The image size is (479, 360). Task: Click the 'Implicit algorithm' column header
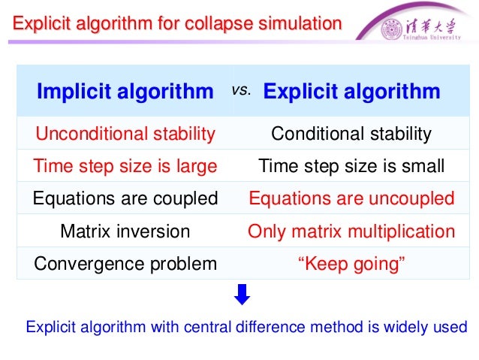pos(125,92)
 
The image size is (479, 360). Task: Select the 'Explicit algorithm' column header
pos(351,92)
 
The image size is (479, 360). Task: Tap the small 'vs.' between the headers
pos(240,89)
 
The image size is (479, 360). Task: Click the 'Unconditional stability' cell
pos(125,135)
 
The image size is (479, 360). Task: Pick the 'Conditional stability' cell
pos(351,135)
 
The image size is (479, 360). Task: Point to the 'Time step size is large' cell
pos(125,166)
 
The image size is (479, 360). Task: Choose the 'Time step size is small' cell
pos(351,166)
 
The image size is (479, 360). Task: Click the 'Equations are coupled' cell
pos(125,198)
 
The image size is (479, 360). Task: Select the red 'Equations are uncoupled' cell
pos(351,198)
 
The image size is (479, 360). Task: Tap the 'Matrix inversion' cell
pos(125,231)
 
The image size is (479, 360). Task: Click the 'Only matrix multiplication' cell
pos(351,231)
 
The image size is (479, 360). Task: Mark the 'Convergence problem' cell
pos(125,264)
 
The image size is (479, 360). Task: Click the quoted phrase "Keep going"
pos(351,264)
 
